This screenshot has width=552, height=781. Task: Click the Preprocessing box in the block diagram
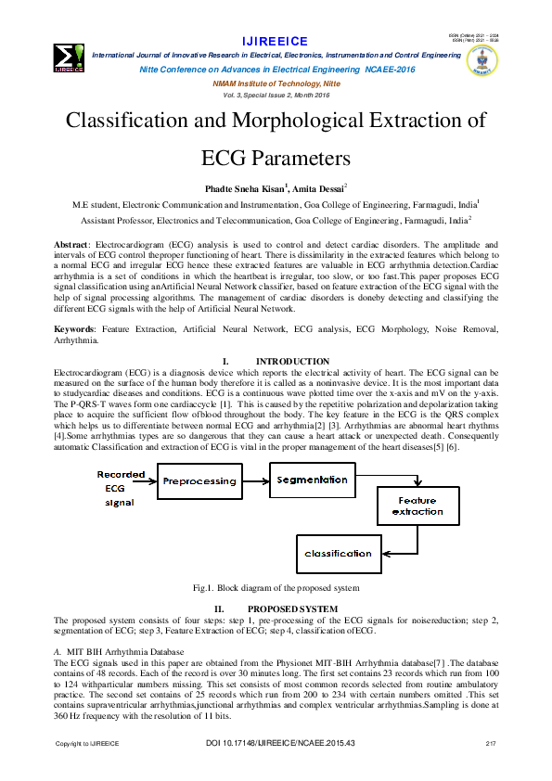point(199,482)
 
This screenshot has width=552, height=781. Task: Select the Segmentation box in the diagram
point(313,480)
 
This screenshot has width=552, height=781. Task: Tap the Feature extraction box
point(417,506)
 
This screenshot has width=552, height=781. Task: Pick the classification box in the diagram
point(338,554)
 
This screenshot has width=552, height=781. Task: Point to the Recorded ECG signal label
point(120,488)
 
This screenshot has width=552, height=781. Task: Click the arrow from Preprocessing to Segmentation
point(255,481)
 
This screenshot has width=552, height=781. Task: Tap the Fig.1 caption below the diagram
point(276,588)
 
